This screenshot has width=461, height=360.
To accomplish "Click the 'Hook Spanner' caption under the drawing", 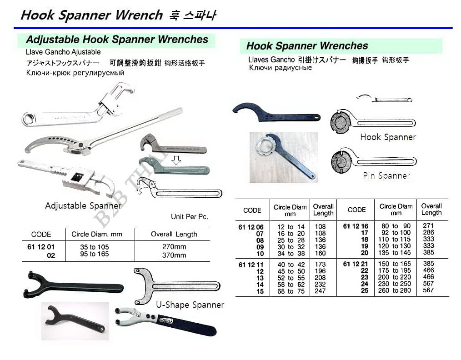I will tap(388, 137).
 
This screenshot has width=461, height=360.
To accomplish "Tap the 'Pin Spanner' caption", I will tap(386, 175).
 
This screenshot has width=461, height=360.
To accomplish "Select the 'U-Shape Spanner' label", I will tap(190, 305).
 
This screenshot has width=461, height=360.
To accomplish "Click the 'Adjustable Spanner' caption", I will tap(83, 205).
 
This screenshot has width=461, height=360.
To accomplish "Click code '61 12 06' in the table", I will tap(251, 226).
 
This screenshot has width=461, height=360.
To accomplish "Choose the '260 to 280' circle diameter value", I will tap(395, 290).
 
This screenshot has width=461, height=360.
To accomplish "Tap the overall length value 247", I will tap(320, 291).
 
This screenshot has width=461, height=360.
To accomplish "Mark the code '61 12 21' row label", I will tap(356, 264).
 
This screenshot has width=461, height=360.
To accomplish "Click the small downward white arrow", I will tap(176, 160).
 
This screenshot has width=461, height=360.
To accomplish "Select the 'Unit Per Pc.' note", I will tap(189, 216).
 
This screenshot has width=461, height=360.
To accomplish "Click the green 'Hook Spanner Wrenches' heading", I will tap(307, 46).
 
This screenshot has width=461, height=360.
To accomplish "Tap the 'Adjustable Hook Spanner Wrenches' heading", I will tap(117, 40).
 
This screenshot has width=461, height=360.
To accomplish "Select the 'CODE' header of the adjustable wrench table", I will tap(41, 235).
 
